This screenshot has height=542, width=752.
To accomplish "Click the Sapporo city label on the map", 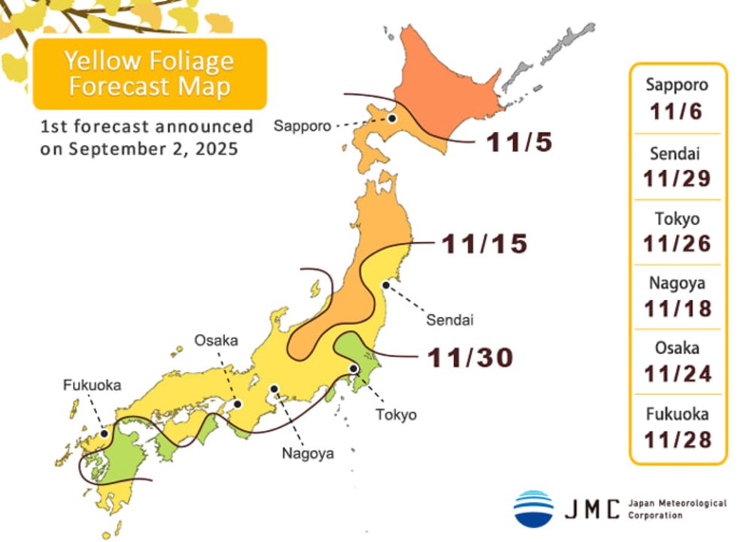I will pyautogui.click(x=302, y=126).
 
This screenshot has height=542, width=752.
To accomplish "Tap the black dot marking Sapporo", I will pyautogui.click(x=392, y=118).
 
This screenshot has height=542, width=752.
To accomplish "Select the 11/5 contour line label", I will pyautogui.click(x=520, y=142).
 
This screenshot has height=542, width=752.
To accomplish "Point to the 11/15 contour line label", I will pyautogui.click(x=484, y=244).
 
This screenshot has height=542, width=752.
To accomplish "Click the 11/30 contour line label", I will pyautogui.click(x=471, y=358).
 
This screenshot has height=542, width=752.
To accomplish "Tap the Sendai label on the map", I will pyautogui.click(x=450, y=320).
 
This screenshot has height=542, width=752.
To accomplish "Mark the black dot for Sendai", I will pyautogui.click(x=386, y=284).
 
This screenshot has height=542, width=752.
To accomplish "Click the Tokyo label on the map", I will pyautogui.click(x=396, y=414).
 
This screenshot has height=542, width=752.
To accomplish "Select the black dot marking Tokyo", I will pyautogui.click(x=353, y=368).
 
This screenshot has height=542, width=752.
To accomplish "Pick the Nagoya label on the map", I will pyautogui.click(x=307, y=453).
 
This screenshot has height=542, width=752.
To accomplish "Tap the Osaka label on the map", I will pyautogui.click(x=216, y=340).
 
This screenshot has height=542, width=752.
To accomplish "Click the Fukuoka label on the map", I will pyautogui.click(x=91, y=385).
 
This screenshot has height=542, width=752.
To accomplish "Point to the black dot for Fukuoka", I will pyautogui.click(x=103, y=433).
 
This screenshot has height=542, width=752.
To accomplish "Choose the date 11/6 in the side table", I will pyautogui.click(x=677, y=113).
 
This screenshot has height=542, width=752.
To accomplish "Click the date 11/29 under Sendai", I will pyautogui.click(x=677, y=178).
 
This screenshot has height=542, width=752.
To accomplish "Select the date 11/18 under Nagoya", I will pyautogui.click(x=677, y=308).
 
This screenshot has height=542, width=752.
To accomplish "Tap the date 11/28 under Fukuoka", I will pyautogui.click(x=677, y=439).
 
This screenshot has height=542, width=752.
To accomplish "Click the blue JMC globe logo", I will pyautogui.click(x=533, y=508).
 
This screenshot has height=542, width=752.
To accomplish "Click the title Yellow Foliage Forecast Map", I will pyautogui.click(x=150, y=73).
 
